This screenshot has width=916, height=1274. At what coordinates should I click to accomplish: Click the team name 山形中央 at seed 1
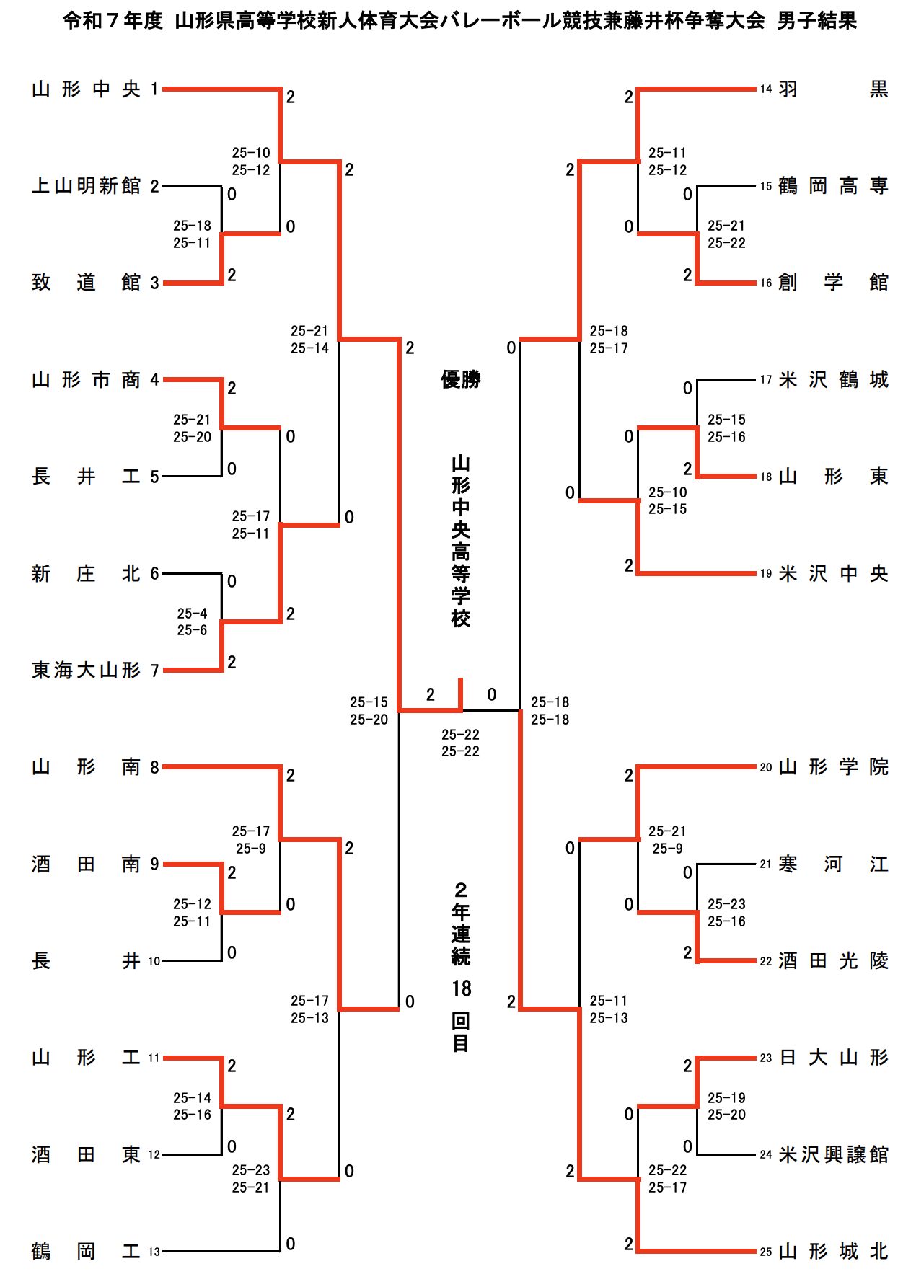[86, 89]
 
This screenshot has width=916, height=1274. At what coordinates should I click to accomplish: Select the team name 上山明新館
[86, 186]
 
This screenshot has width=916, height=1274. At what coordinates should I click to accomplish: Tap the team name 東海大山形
[86, 671]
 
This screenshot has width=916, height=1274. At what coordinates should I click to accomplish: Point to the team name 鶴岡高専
[833, 186]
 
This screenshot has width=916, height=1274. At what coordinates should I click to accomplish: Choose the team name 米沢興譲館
[833, 1154]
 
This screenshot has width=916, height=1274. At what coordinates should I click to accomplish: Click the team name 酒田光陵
[833, 961]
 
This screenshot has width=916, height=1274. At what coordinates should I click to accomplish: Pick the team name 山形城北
[833, 1252]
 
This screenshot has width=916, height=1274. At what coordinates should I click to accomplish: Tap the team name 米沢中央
[833, 574]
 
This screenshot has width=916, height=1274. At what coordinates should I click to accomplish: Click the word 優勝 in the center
[461, 379]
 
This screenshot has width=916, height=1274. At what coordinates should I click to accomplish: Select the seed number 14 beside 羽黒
[766, 89]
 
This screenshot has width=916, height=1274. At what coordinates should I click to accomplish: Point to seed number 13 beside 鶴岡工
[154, 1252]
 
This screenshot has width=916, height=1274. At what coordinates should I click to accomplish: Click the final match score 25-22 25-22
[460, 743]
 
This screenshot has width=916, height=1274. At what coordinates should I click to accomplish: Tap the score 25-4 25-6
[192, 621]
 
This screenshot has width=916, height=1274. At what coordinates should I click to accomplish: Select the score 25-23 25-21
[251, 1178]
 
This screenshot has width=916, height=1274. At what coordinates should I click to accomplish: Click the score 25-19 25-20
[726, 1106]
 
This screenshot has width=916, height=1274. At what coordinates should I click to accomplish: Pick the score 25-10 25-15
[667, 500]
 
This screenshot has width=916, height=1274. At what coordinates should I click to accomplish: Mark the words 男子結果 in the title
[817, 21]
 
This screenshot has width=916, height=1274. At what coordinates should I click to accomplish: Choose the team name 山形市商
[86, 380]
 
